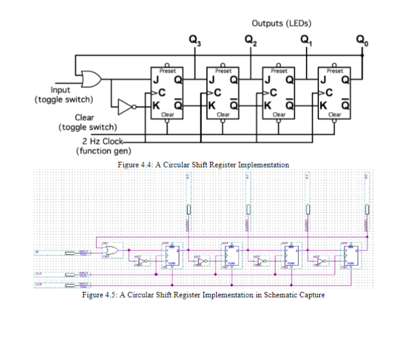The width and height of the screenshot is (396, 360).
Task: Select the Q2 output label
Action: click(x=250, y=42)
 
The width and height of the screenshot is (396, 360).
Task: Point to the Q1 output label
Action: click(x=306, y=42)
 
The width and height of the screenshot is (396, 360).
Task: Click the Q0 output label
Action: click(x=362, y=42)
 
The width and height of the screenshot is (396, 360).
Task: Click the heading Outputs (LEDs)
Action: click(x=281, y=23)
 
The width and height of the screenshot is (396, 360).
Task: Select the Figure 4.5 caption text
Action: click(x=203, y=295)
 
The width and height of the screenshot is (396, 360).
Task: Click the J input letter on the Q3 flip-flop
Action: click(x=156, y=80)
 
